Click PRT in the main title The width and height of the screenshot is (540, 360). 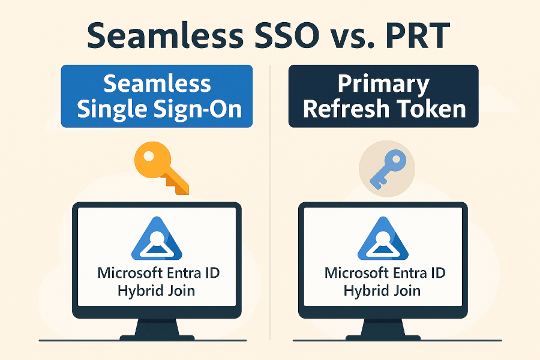[418, 35]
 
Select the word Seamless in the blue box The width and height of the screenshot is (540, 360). [157, 83]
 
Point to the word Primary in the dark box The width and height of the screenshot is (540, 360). [383, 85]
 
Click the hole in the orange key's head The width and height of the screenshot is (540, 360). [149, 157]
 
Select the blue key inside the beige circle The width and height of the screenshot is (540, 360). [388, 169]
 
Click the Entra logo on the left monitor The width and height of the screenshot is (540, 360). [157, 239]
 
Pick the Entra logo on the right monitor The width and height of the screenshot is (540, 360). [383, 239]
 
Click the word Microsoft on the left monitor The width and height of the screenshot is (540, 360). [130, 273]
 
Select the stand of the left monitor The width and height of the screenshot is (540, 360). [157, 329]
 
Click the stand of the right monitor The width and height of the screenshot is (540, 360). [383, 329]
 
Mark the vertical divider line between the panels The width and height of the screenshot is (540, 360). [270, 202]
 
